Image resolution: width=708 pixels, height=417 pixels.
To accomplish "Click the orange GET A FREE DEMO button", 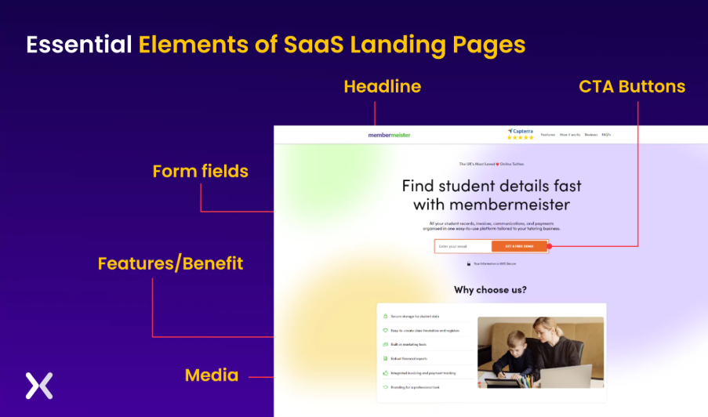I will (519, 246).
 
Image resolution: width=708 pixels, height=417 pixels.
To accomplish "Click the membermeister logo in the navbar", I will (389, 135).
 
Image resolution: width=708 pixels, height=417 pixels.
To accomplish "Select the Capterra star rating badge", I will (520, 134).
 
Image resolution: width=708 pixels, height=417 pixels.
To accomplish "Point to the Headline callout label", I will (382, 86).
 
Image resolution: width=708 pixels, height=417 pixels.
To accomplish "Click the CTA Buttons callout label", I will (632, 86).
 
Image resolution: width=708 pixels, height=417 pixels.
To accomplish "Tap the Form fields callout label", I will (200, 171).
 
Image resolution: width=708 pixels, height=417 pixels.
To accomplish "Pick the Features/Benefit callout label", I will (170, 263).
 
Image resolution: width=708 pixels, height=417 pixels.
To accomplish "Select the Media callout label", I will (212, 375).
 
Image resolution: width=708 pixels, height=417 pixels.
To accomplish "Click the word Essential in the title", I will (79, 45).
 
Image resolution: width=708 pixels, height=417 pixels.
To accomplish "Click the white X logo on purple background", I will (38, 385).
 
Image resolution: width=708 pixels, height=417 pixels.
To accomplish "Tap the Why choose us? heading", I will (490, 290).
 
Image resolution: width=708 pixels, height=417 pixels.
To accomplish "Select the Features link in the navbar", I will (547, 135).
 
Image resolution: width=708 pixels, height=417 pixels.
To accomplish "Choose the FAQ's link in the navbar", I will (606, 135).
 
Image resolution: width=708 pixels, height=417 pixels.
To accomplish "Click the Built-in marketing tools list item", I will (408, 344).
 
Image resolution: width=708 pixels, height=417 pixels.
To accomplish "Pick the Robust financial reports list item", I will (408, 358).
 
